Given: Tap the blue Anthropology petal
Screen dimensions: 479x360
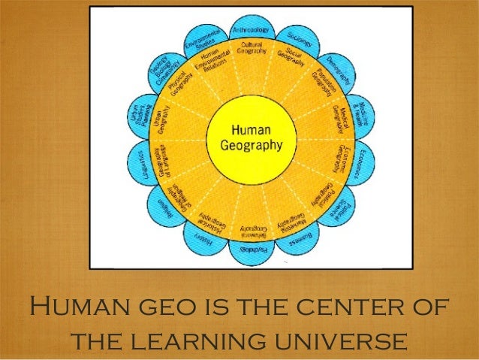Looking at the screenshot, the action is pos(251,32).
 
